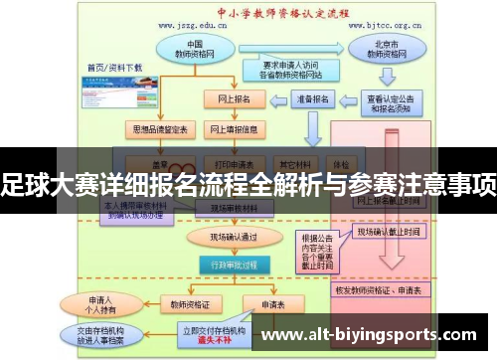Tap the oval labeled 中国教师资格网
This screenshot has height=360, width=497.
click(194, 48)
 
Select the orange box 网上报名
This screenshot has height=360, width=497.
click(234, 99)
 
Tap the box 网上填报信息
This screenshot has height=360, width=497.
click(235, 129)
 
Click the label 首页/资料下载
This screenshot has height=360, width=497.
click(115, 68)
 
